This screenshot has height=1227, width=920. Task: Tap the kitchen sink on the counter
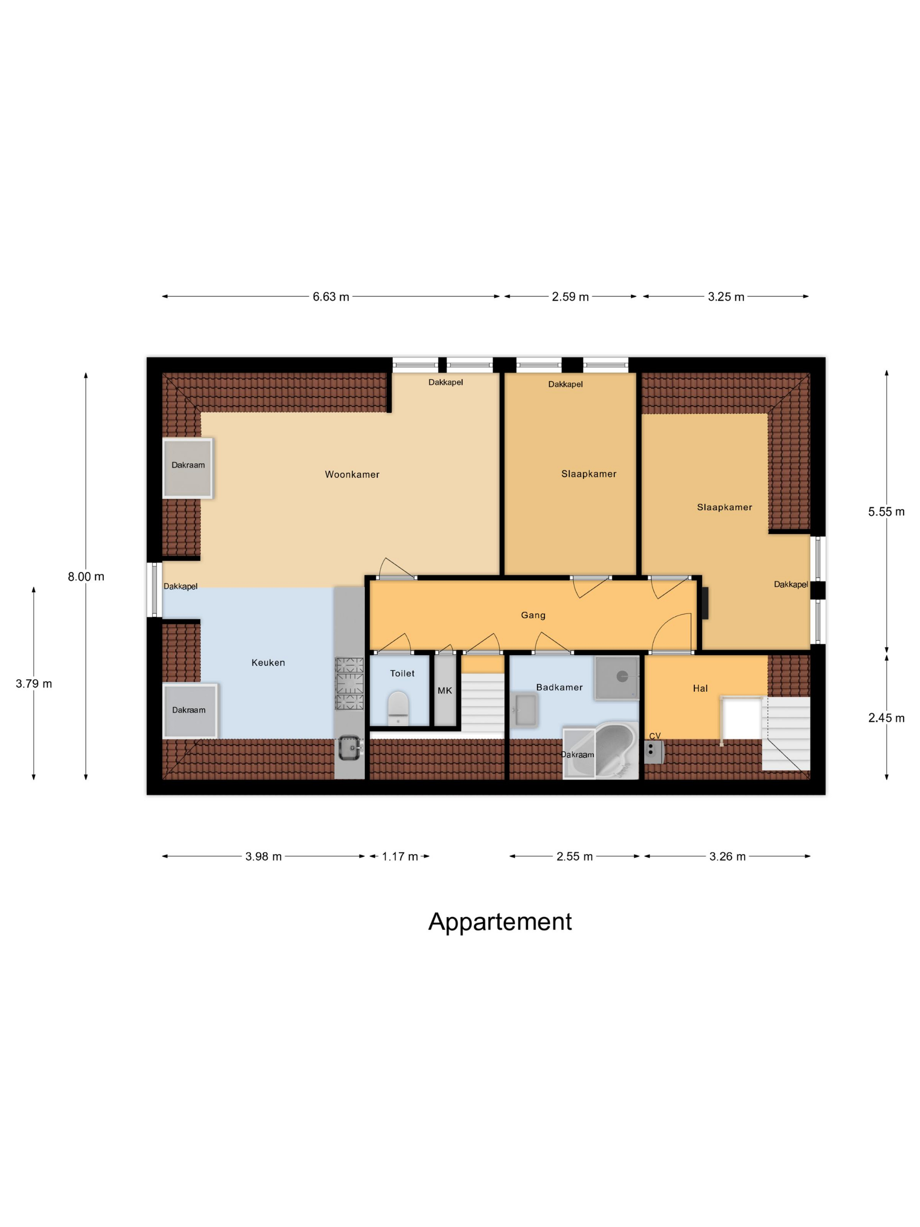(349, 748)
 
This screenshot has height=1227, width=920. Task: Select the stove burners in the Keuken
(349, 683)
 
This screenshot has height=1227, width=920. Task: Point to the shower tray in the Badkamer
(616, 677)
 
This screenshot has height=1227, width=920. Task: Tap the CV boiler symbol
(653, 752)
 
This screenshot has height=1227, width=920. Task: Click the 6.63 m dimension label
(330, 297)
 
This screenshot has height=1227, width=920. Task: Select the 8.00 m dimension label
(86, 576)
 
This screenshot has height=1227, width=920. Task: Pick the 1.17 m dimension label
(399, 856)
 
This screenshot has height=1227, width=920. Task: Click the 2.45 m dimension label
(886, 718)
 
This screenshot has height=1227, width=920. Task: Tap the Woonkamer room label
(352, 474)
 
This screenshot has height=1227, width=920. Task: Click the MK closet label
(444, 691)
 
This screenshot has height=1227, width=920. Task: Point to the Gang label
(532, 615)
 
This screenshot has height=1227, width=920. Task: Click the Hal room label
(700, 688)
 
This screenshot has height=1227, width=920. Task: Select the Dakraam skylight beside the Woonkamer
(188, 468)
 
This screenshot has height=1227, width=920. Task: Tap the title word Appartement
(499, 922)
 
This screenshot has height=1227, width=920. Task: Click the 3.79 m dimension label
(34, 683)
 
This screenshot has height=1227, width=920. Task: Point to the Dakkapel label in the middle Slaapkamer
(565, 384)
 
